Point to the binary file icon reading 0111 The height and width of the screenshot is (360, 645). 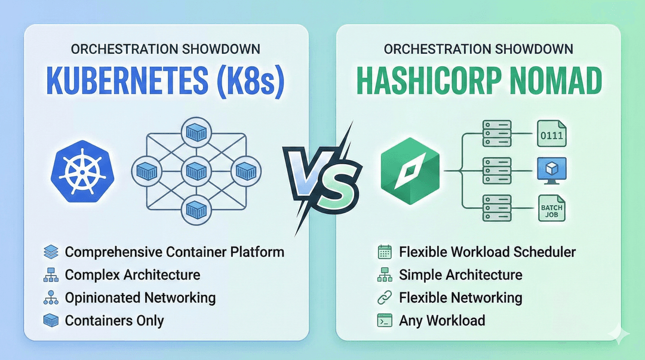[x=551, y=133]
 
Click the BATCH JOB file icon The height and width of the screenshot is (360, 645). [x=551, y=210]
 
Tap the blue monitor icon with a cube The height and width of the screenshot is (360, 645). [x=551, y=170]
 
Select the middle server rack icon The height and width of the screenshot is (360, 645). [x=497, y=171]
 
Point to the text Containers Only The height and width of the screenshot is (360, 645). [x=114, y=321]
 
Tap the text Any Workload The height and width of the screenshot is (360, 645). [x=442, y=321]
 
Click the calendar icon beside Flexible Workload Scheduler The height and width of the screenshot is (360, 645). [x=384, y=252]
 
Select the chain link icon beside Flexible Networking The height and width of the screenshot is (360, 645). [x=384, y=297]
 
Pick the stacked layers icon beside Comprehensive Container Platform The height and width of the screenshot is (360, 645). [x=51, y=252]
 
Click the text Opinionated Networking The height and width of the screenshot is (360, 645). [x=140, y=297]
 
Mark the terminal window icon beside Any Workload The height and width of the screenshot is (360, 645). [x=384, y=321]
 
